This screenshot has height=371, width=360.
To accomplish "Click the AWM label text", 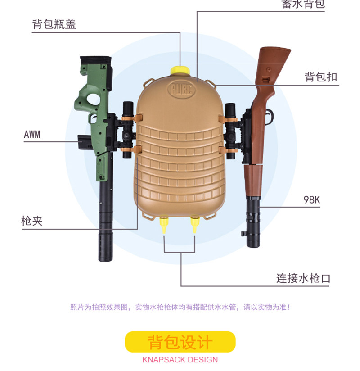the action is [x=31, y=134].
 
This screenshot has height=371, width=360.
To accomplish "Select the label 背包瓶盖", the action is [x=54, y=24].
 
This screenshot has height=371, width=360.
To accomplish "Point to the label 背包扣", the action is [x=320, y=77].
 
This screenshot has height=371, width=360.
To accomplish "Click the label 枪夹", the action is [x=31, y=222].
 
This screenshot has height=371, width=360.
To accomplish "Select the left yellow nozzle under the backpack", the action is [x=164, y=224].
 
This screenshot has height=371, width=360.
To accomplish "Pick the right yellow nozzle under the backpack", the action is [x=195, y=224].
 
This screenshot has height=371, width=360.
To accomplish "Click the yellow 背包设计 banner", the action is [x=180, y=342].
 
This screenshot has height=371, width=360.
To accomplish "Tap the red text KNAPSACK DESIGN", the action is [x=180, y=360].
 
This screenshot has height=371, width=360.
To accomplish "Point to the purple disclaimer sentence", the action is [x=180, y=307].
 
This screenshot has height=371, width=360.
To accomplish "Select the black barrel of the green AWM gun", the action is [x=105, y=216].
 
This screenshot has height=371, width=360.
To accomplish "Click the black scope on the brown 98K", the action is [x=231, y=131].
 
